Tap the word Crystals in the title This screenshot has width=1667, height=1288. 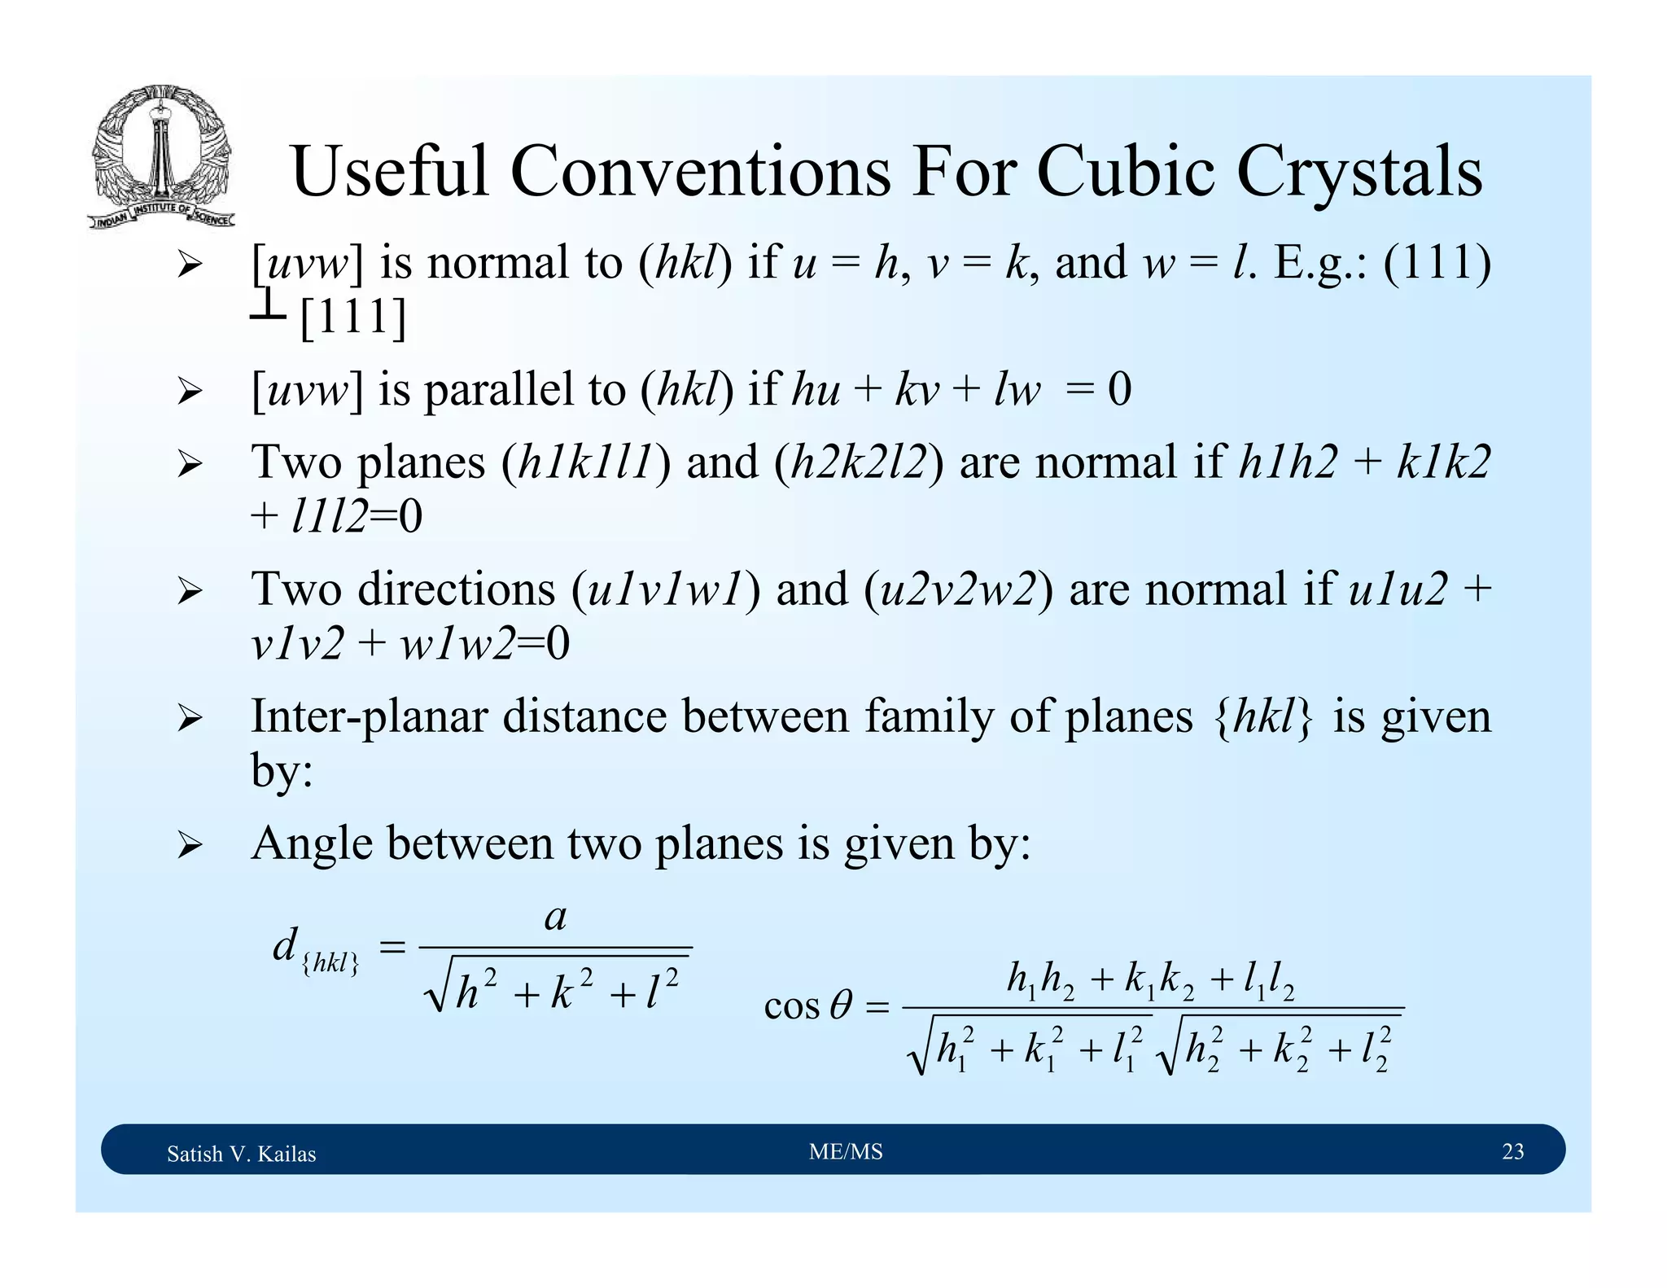tap(1359, 173)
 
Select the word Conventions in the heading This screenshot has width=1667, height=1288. tap(701, 172)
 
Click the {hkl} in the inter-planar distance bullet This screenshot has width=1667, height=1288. tap(1262, 717)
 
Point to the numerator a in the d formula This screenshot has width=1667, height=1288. tap(555, 918)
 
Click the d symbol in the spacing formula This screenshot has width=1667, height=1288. tap(285, 945)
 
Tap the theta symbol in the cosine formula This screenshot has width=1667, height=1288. tap(841, 1005)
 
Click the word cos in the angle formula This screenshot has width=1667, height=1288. tap(791, 1007)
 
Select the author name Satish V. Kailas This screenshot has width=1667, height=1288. tap(241, 1154)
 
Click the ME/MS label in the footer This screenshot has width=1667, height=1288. tap(846, 1151)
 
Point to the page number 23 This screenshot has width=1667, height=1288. tap(1512, 1151)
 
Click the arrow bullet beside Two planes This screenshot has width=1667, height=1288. tap(189, 465)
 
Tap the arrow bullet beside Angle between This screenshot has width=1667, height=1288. tap(189, 845)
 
